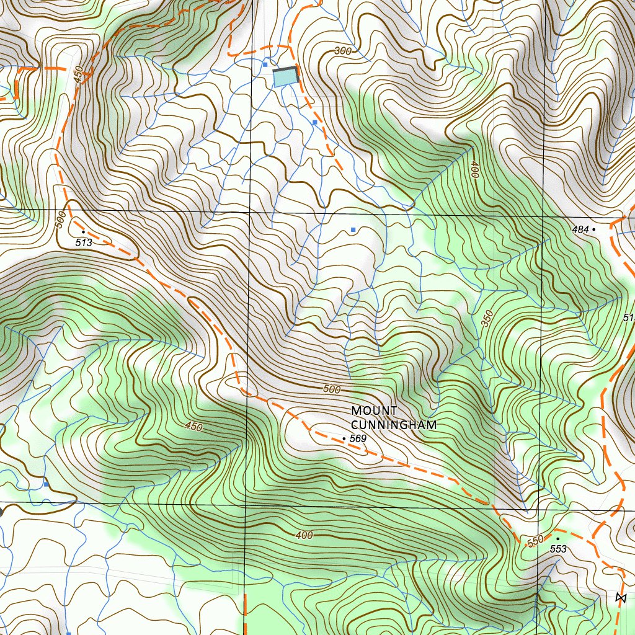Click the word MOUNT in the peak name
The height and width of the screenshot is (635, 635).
[374, 411]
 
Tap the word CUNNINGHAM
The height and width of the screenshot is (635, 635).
[394, 425]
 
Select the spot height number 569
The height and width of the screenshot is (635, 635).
[358, 439]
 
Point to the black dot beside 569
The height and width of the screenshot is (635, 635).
[344, 438]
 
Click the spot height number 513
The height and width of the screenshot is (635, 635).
[84, 242]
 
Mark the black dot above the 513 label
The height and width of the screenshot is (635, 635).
[83, 231]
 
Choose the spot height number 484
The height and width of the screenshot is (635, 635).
[580, 229]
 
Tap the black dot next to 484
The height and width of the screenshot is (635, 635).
[593, 229]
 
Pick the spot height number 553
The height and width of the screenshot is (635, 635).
[558, 549]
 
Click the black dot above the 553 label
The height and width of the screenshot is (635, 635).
[558, 539]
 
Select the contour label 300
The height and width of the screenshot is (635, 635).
[342, 51]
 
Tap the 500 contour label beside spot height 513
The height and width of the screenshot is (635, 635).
[60, 220]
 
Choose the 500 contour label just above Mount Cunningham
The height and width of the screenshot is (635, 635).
[332, 389]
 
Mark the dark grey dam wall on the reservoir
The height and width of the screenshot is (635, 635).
[296, 74]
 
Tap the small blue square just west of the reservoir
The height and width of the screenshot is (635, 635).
[265, 64]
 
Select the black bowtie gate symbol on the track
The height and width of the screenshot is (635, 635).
[621, 598]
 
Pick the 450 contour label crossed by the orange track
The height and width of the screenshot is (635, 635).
[79, 76]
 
